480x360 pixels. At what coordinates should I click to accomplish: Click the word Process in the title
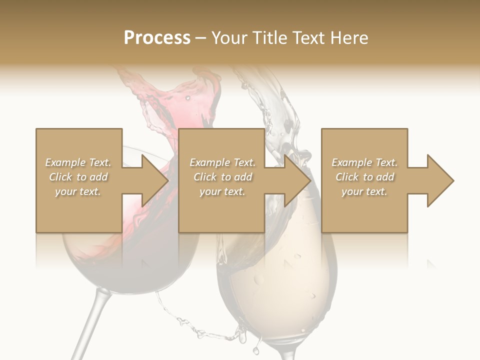tap(157, 37)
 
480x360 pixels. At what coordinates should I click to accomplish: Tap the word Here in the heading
tap(349, 37)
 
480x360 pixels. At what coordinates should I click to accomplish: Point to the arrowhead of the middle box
tap(297, 180)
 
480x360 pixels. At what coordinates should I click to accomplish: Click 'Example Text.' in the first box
tap(78, 162)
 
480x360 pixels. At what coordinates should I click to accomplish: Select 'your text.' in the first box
tap(78, 191)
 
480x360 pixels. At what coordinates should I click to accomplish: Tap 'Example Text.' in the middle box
tap(222, 162)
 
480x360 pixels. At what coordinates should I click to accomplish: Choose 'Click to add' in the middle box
tap(222, 177)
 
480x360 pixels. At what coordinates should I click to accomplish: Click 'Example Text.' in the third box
tap(364, 162)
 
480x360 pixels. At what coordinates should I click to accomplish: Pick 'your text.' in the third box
tap(364, 191)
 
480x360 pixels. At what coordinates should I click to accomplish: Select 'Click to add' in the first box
tap(78, 177)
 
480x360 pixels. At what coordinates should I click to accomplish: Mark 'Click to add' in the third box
tap(364, 177)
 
